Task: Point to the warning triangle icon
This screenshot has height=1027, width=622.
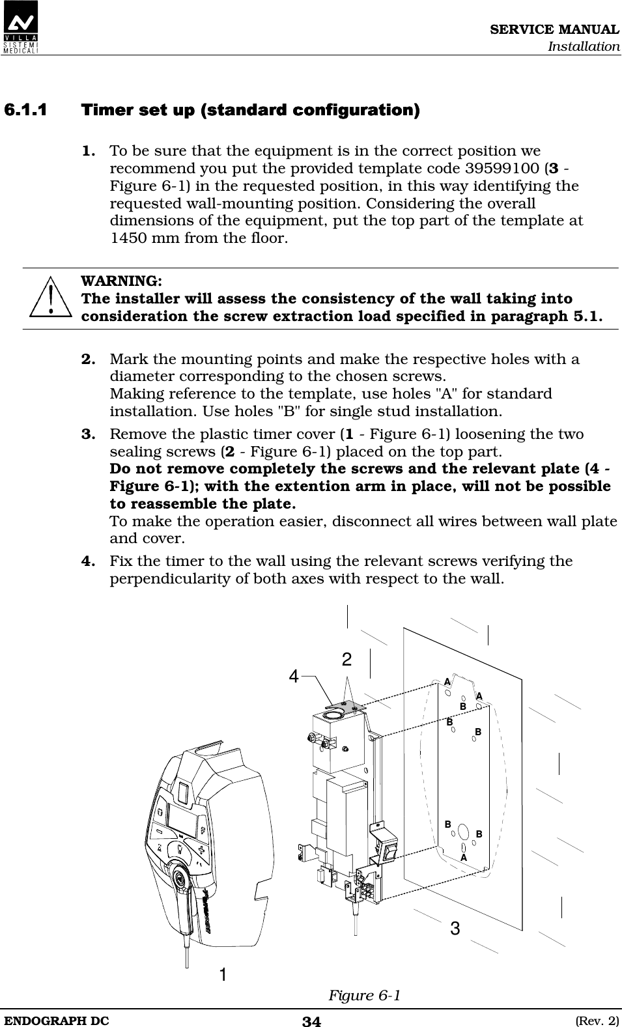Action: click(x=50, y=299)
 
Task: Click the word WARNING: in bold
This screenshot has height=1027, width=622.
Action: click(x=122, y=281)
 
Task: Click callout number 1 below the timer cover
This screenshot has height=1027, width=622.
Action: click(x=223, y=975)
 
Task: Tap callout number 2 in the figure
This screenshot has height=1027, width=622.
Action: click(x=347, y=660)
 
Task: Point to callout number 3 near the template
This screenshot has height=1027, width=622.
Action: click(x=455, y=929)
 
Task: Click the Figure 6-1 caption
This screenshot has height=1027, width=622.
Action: click(x=364, y=996)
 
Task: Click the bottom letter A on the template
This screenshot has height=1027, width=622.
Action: click(x=464, y=858)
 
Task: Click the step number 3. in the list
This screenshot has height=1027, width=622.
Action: click(x=90, y=434)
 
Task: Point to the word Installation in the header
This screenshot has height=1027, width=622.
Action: click(x=583, y=46)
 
